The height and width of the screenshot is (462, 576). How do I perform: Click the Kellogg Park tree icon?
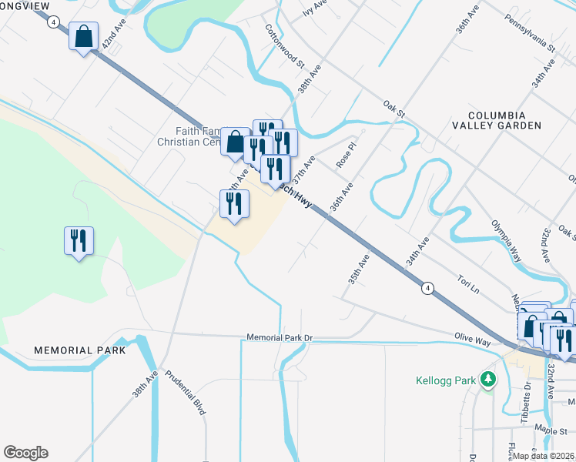tap(487, 379)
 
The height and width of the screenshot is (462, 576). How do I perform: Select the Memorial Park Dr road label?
tap(282, 337)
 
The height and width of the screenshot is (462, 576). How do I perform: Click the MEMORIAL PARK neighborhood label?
tap(79, 350)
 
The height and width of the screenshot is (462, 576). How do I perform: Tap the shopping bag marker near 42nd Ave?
tap(83, 36)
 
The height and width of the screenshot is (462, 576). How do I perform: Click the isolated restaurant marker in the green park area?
tap(79, 241)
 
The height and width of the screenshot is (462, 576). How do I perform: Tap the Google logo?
tap(25, 452)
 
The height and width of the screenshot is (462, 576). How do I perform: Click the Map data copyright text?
tap(542, 455)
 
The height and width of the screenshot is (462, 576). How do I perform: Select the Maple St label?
tap(551, 431)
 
